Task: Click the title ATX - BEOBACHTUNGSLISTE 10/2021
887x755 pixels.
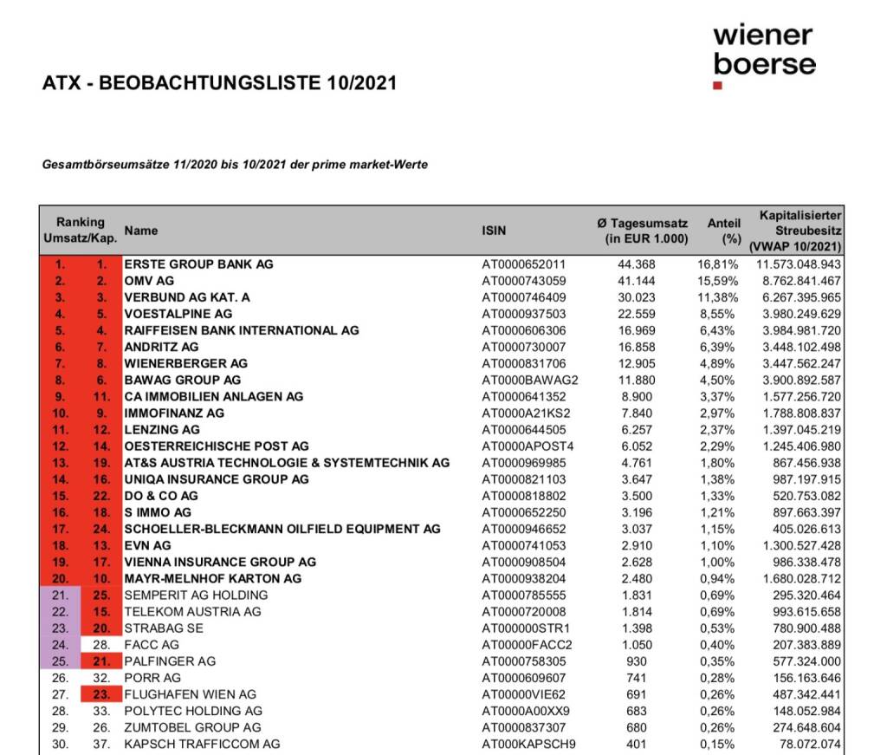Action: click(x=219, y=84)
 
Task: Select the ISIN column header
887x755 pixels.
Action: click(x=494, y=231)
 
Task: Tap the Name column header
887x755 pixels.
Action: click(x=141, y=231)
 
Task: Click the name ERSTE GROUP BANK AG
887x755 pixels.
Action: click(x=198, y=264)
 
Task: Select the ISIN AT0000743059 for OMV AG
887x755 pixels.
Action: click(x=523, y=281)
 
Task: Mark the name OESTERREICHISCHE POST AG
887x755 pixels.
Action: click(x=217, y=446)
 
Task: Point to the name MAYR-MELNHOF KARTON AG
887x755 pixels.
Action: click(x=213, y=578)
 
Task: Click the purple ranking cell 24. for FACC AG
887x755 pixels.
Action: click(x=60, y=645)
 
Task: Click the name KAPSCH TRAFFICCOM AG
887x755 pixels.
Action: click(x=202, y=744)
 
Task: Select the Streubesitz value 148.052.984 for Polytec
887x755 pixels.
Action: click(x=805, y=711)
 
